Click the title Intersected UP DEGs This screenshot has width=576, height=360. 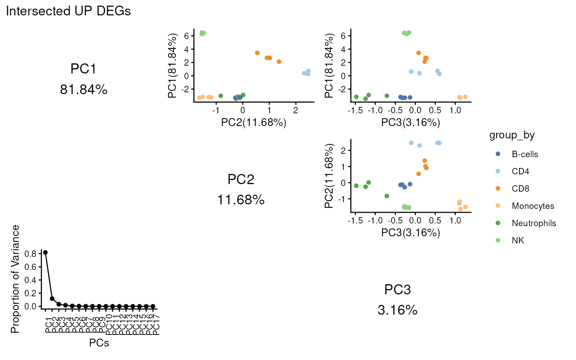click(x=68, y=11)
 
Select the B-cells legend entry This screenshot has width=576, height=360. click(x=525, y=154)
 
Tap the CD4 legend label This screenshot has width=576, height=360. click(x=520, y=171)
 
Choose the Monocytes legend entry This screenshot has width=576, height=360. click(x=532, y=206)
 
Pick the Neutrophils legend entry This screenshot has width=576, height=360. click(x=534, y=223)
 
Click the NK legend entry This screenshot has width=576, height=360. click(x=517, y=240)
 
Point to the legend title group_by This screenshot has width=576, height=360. click(x=512, y=135)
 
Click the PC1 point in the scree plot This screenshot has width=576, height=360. click(x=45, y=252)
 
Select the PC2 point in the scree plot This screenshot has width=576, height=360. click(x=52, y=299)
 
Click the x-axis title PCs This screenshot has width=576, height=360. click(x=99, y=343)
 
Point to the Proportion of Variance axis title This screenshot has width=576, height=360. click(x=15, y=279)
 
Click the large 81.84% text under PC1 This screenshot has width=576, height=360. click(x=84, y=90)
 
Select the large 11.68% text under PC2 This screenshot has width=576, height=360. click(x=241, y=200)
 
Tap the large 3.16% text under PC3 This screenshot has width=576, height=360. click(x=397, y=310)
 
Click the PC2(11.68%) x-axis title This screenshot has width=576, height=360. click(x=253, y=123)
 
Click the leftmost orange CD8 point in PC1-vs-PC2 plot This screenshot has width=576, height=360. click(x=257, y=53)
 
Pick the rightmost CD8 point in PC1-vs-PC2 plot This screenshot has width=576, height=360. click(x=279, y=61)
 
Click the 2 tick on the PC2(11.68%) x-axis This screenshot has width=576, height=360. click(x=296, y=110)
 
